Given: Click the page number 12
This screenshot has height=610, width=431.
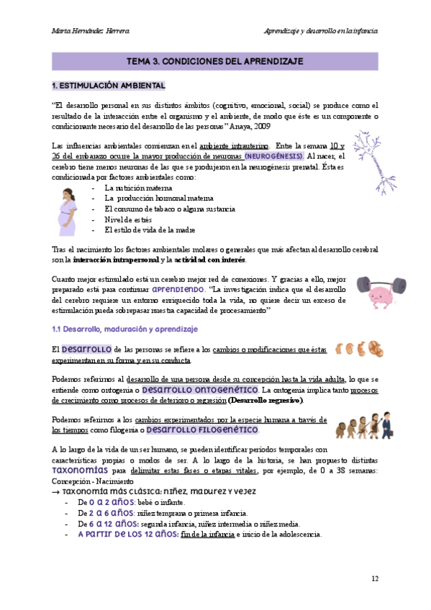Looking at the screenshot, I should click(x=375, y=579).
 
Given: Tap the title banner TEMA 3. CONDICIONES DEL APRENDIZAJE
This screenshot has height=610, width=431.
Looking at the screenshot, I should click(x=214, y=62).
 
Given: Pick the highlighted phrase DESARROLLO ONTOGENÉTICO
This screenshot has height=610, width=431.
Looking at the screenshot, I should click(x=199, y=389).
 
